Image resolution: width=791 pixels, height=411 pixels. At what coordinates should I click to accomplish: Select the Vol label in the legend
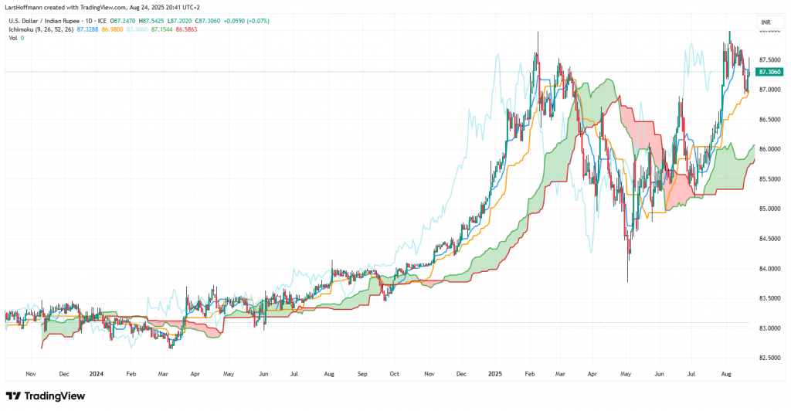[12, 37]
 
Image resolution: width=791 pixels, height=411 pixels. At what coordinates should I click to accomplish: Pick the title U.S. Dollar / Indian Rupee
[42, 19]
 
